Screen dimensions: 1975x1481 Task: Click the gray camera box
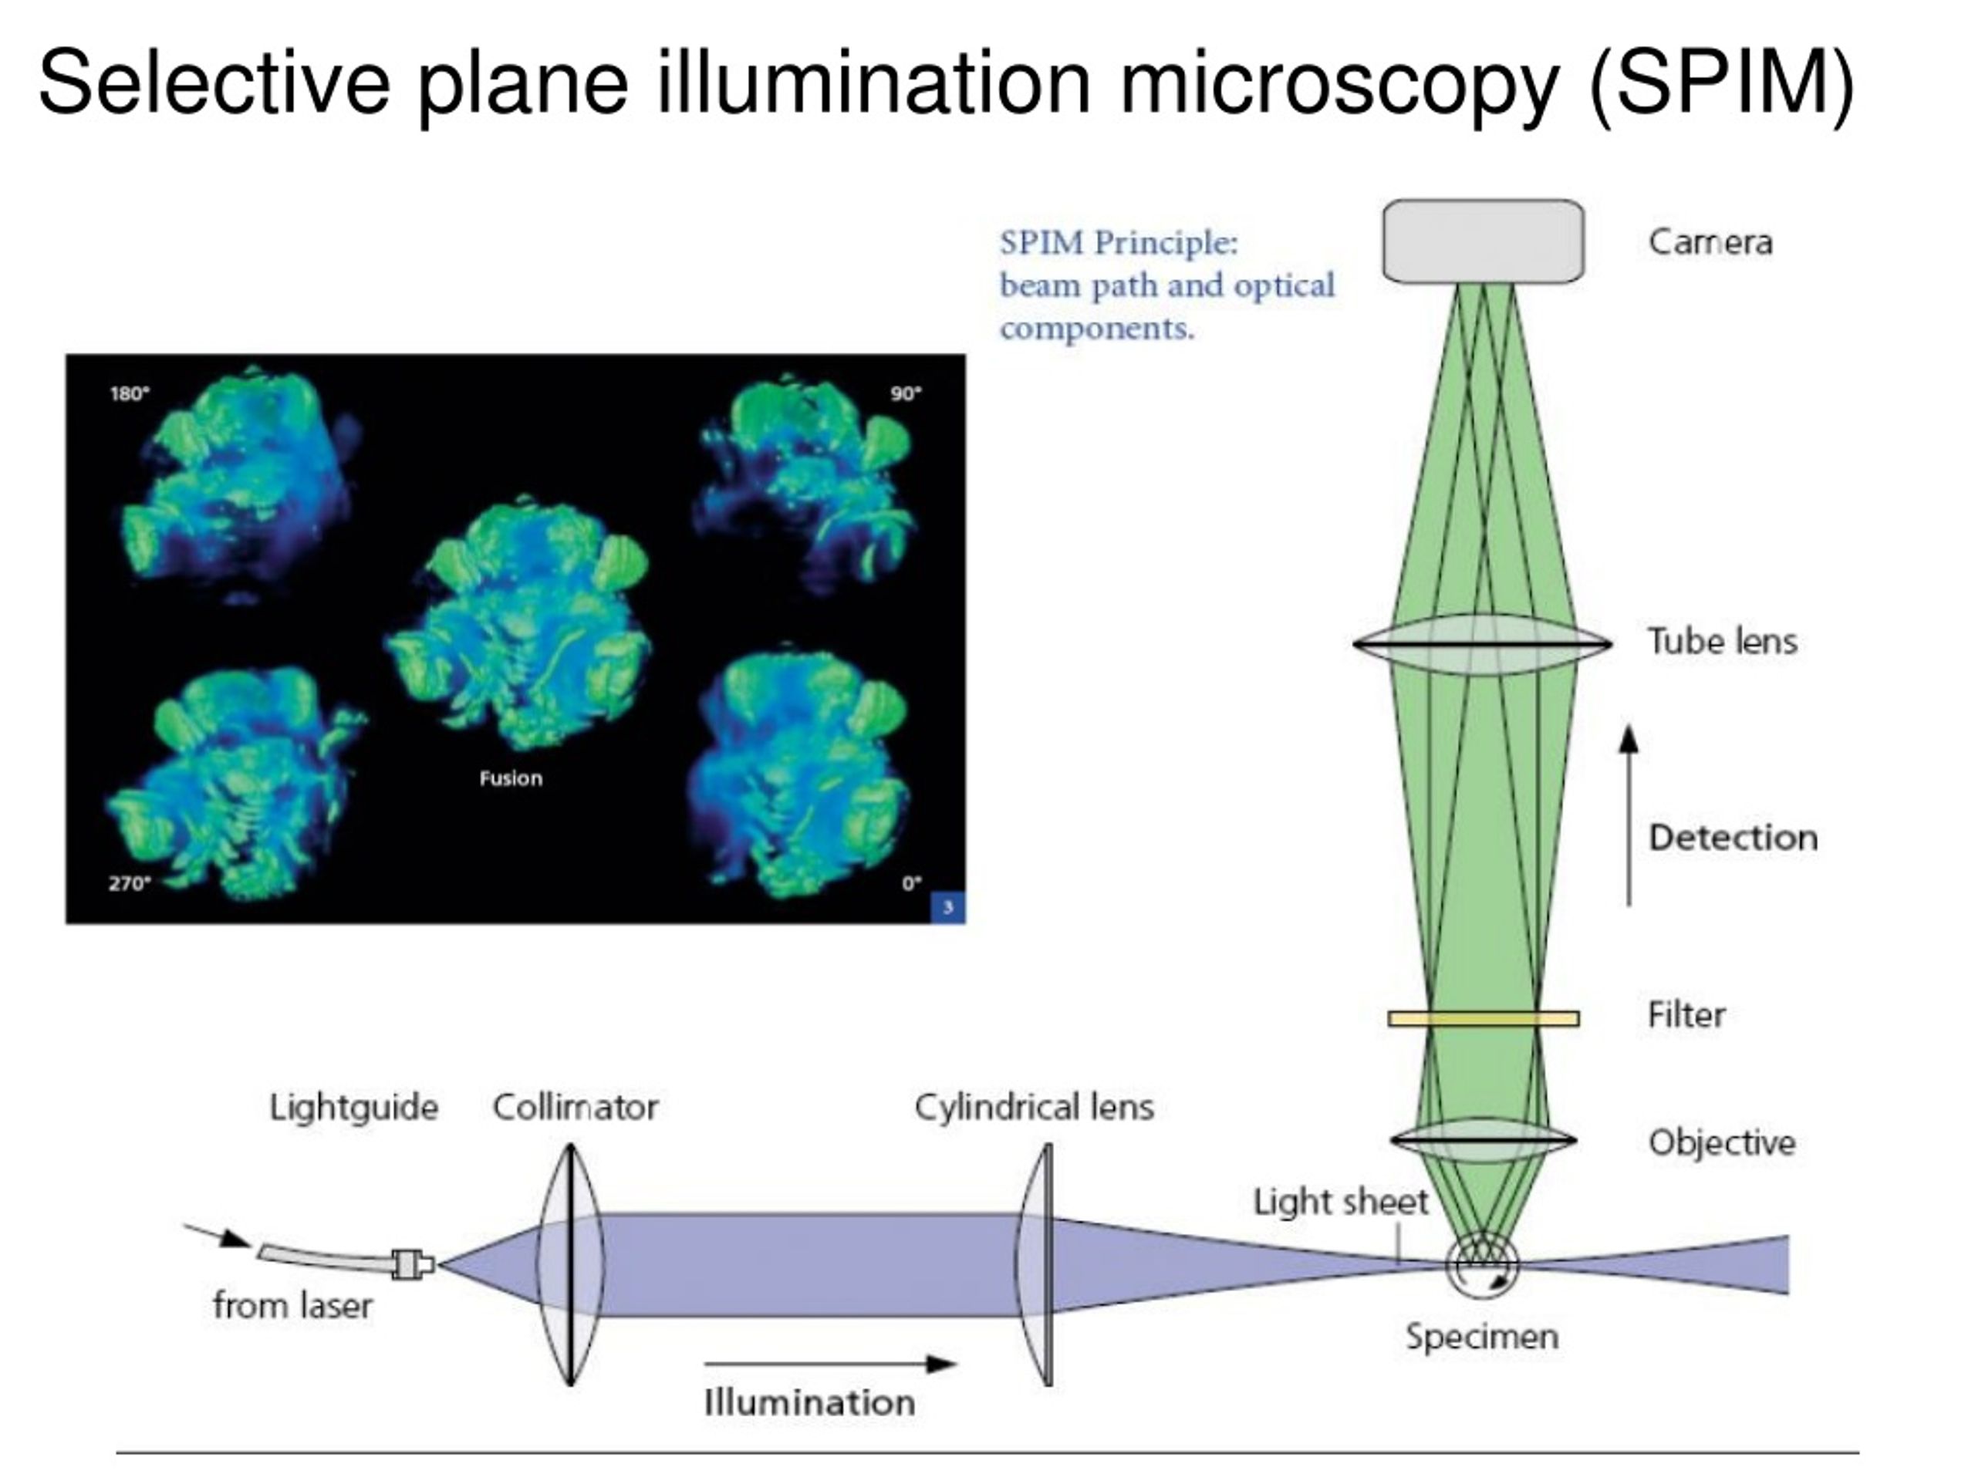[1483, 241]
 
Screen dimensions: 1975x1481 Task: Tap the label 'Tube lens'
[1722, 641]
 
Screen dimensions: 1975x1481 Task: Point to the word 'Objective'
[1721, 1142]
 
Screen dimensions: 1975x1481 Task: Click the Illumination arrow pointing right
[830, 1364]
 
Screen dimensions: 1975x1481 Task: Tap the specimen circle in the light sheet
[1482, 1264]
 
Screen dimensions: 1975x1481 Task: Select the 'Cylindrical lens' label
[1034, 1107]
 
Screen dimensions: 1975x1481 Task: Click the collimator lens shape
[569, 1264]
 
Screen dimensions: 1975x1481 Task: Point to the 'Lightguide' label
[353, 1108]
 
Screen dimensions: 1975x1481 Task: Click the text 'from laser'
[293, 1306]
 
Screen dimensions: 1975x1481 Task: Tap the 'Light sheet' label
[1341, 1203]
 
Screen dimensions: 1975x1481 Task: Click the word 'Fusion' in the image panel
[511, 778]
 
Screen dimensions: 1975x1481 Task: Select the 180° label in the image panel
[130, 393]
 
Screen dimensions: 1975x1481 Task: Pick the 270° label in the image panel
[130, 884]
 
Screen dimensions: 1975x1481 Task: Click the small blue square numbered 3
[948, 908]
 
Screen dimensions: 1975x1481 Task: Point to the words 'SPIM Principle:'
[1119, 242]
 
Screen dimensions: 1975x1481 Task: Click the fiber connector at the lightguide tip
[413, 1264]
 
